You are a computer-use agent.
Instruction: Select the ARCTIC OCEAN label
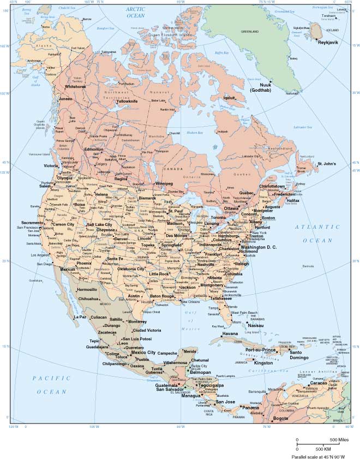click(x=140, y=13)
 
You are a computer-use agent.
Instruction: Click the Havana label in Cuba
click(x=230, y=333)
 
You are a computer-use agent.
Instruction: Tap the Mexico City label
click(x=143, y=353)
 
